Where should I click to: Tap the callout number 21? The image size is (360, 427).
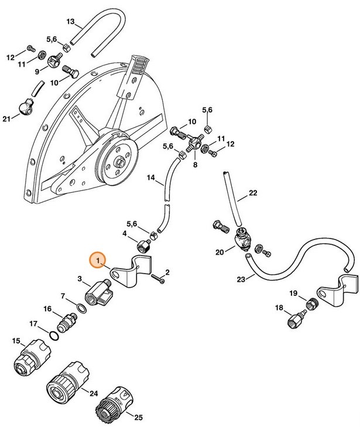(x=7, y=119)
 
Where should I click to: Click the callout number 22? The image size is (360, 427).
(x=253, y=193)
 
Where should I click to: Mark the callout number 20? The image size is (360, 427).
(x=220, y=252)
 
